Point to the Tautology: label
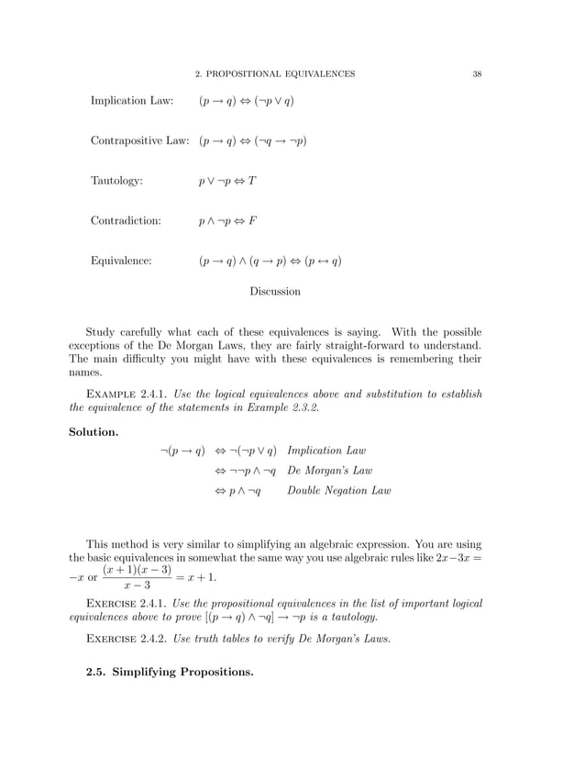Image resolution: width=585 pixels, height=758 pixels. (116, 182)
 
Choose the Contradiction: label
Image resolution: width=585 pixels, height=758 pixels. (126, 221)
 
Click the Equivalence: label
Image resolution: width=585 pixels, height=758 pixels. (121, 262)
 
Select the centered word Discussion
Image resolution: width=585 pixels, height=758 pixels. (275, 292)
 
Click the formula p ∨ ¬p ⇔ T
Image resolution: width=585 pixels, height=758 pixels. (227, 182)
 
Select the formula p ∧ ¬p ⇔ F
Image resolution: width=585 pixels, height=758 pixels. (227, 221)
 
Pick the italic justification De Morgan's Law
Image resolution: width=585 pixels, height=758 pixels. (330, 471)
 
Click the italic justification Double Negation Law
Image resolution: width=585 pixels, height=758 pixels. (339, 491)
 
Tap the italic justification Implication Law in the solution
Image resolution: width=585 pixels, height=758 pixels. (326, 451)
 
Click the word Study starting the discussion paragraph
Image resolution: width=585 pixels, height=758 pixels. (102, 331)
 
